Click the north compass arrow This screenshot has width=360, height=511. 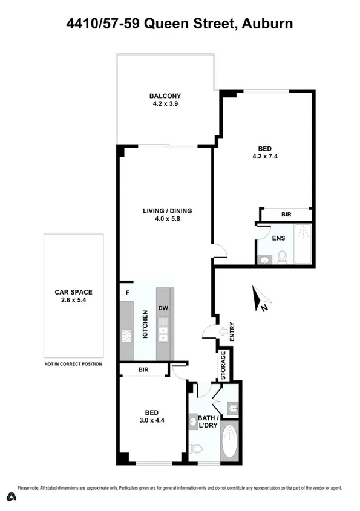point(262,299)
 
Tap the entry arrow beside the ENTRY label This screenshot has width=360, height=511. point(223,331)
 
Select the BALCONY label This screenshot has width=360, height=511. point(165,96)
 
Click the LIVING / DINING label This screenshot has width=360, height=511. point(167,211)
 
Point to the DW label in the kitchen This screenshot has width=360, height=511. point(163,308)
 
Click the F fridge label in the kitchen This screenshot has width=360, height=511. point(127,293)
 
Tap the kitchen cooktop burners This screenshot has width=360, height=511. point(127,336)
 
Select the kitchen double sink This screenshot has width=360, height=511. point(163,334)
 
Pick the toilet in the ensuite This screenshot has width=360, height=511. point(282,258)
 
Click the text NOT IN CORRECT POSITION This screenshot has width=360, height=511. point(73,364)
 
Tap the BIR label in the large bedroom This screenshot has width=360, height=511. point(286,215)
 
